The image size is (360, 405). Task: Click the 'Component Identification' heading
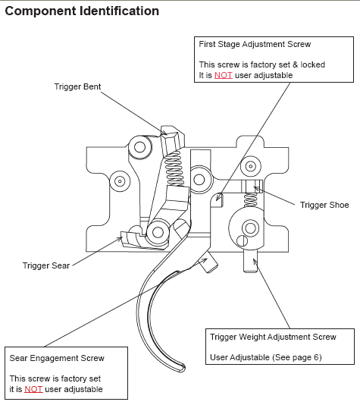coord(82,11)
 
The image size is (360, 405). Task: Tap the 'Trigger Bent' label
coord(77,86)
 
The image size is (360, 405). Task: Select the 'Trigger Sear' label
coord(46,265)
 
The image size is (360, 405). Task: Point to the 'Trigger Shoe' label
coord(324,205)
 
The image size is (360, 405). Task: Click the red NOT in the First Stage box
coord(224,75)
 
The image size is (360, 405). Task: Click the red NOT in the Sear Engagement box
coord(33,389)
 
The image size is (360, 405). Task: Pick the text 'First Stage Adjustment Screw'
coord(255,44)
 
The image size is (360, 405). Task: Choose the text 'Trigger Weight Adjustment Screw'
coord(273,337)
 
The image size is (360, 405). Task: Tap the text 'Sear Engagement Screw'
coord(57,358)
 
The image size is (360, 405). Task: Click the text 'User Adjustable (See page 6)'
coord(266,357)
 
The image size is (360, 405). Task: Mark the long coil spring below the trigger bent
coord(174,168)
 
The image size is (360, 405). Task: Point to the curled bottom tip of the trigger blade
coord(181,368)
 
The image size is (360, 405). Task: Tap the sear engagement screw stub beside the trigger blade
coord(208,264)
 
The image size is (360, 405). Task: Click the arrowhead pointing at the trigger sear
coord(119,239)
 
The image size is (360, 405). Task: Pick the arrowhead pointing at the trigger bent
coord(164,132)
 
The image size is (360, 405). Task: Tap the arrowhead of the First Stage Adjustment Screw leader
coord(218,198)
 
